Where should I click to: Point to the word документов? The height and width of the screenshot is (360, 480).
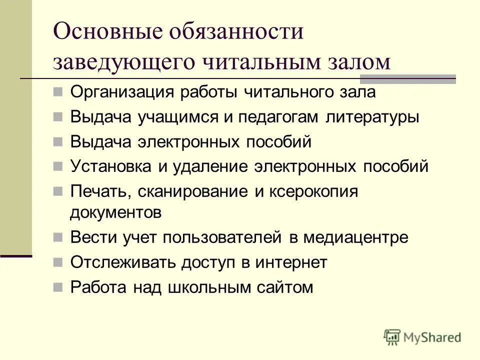(x=115, y=212)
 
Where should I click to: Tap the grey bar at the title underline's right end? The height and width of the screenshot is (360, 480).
(x=408, y=78)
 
